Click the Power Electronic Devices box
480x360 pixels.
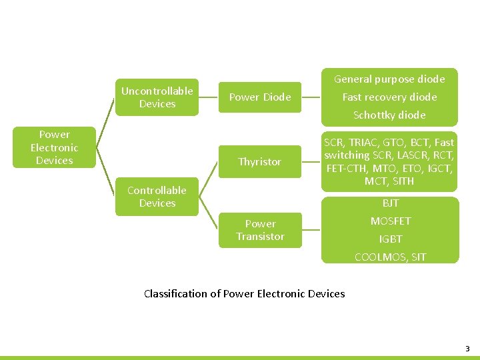pyautogui.click(x=54, y=147)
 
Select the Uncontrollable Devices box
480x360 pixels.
pyautogui.click(x=157, y=97)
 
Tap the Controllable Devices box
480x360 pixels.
pyautogui.click(x=157, y=197)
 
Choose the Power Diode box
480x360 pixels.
pyautogui.click(x=260, y=97)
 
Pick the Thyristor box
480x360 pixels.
pyautogui.click(x=260, y=161)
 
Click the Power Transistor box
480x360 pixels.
pyautogui.click(x=260, y=230)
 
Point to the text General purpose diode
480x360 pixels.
pyautogui.click(x=389, y=79)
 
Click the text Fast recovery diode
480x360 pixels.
pyautogui.click(x=389, y=97)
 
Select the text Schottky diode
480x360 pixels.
pyautogui.click(x=389, y=115)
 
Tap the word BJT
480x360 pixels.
pyautogui.click(x=390, y=203)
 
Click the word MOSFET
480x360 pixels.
pyautogui.click(x=390, y=221)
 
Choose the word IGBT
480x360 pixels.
pyautogui.click(x=390, y=239)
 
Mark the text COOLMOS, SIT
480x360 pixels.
pyautogui.click(x=390, y=257)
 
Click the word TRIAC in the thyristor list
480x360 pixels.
pyautogui.click(x=361, y=142)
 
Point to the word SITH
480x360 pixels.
pyautogui.click(x=403, y=181)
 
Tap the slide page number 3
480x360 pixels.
pyautogui.click(x=467, y=349)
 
